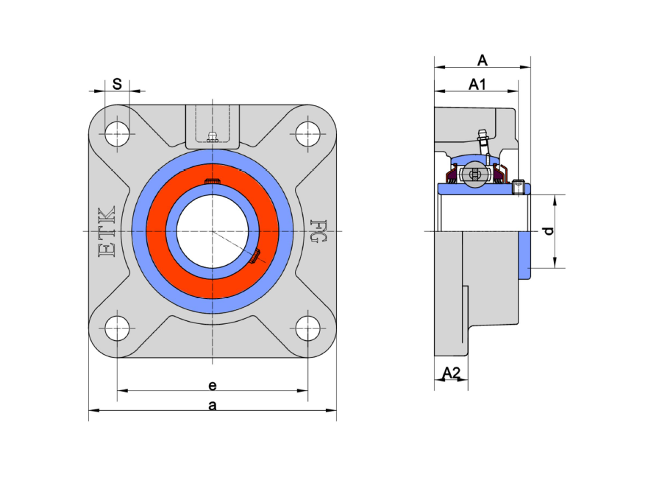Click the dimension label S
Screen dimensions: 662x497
click(x=117, y=84)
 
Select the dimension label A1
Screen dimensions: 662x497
click(x=477, y=85)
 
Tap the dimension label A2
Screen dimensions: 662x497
click(x=451, y=373)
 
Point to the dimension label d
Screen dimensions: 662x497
click(x=549, y=231)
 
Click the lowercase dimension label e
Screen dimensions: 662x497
click(x=213, y=385)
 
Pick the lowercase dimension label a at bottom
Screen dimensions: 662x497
click(x=213, y=406)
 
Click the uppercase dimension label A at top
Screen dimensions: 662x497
click(x=482, y=60)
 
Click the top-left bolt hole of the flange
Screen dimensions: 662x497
click(x=117, y=133)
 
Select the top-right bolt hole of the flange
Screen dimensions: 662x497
click(x=307, y=133)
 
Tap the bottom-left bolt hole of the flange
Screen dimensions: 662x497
click(x=117, y=328)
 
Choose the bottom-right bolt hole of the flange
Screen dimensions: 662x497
click(x=307, y=328)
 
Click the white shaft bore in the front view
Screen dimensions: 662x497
click(x=213, y=231)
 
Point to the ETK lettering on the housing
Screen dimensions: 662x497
click(x=107, y=232)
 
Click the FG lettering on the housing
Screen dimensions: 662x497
click(x=318, y=230)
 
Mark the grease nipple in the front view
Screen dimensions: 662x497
click(x=213, y=137)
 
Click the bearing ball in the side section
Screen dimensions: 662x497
click(x=476, y=174)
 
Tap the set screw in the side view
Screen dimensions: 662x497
click(x=519, y=187)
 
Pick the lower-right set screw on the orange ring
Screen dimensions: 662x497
click(x=255, y=256)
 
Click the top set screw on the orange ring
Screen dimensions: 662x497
click(x=213, y=181)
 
